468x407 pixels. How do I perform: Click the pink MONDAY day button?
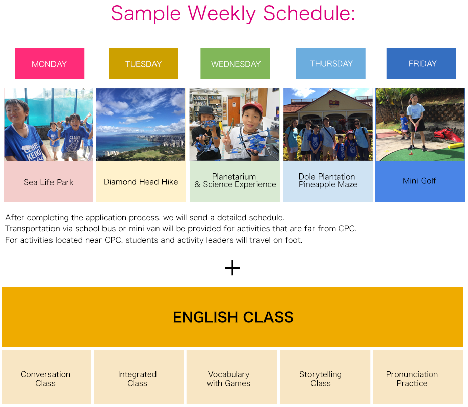tap(49, 64)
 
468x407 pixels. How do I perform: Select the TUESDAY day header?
tap(143, 64)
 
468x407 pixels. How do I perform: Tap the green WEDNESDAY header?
tap(235, 64)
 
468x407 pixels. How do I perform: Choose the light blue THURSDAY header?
tap(331, 63)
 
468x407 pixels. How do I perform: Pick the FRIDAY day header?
tap(422, 63)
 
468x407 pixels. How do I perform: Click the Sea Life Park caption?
tap(48, 182)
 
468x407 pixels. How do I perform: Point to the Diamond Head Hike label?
tap(141, 182)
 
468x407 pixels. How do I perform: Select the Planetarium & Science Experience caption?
tap(235, 181)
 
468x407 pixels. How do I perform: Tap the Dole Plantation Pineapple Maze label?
tap(328, 181)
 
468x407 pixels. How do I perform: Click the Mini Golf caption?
tap(420, 181)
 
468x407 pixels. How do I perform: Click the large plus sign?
tap(232, 268)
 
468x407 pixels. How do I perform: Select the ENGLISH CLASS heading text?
tap(233, 317)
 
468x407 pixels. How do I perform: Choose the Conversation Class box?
tap(46, 378)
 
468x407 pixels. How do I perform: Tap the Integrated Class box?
tap(138, 378)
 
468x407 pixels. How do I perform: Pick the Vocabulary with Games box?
tap(229, 378)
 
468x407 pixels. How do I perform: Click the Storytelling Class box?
tap(321, 378)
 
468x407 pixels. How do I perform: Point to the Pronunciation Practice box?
tap(412, 378)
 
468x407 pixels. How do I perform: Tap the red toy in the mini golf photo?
tap(447, 135)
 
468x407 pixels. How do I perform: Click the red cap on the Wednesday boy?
tap(252, 106)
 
